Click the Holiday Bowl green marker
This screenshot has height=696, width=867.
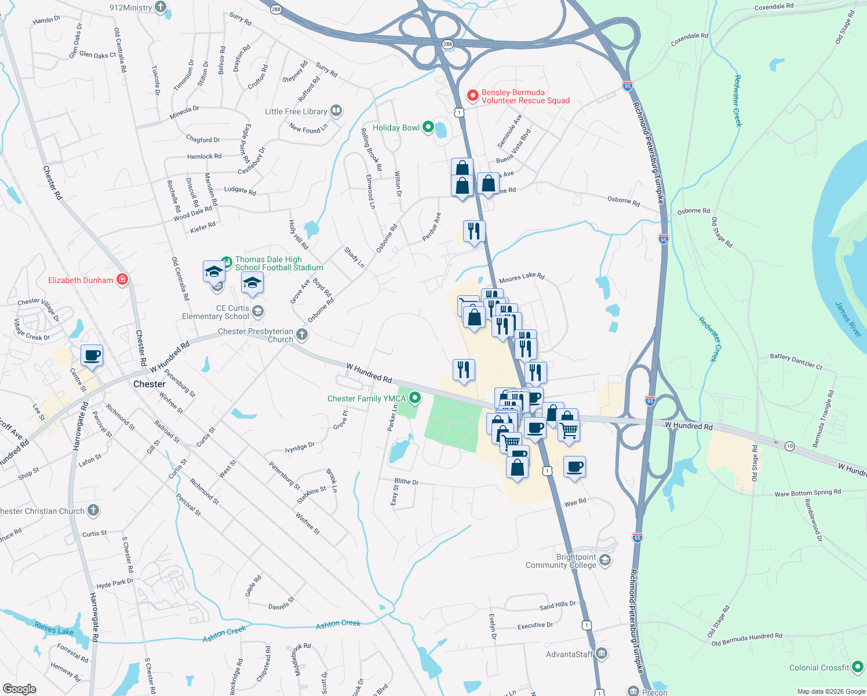tap(428, 127)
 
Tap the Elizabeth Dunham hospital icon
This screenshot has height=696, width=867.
tap(122, 280)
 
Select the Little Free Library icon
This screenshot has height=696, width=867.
tap(336, 111)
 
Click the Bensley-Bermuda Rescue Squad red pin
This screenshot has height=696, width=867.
tap(473, 95)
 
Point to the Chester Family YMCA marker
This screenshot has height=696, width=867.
tap(415, 398)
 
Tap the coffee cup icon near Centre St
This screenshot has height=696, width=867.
tap(92, 355)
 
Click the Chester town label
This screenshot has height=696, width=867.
tap(150, 384)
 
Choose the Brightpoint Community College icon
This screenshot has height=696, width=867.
tap(605, 560)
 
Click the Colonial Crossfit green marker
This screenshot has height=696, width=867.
tap(858, 667)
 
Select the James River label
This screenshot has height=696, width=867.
tap(848, 318)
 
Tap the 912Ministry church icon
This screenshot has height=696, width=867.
tap(161, 8)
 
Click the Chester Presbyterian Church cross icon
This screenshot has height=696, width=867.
tap(302, 334)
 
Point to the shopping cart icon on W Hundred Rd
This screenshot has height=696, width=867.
tap(569, 431)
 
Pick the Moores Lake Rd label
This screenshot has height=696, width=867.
tap(522, 277)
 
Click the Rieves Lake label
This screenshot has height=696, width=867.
tap(54, 628)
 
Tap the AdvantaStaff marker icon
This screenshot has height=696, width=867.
tap(602, 654)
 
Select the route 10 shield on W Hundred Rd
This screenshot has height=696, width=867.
tap(789, 446)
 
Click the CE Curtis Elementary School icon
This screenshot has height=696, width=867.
tap(258, 311)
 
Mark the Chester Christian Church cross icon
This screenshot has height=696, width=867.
tap(93, 510)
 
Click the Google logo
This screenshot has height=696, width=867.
tap(19, 688)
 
